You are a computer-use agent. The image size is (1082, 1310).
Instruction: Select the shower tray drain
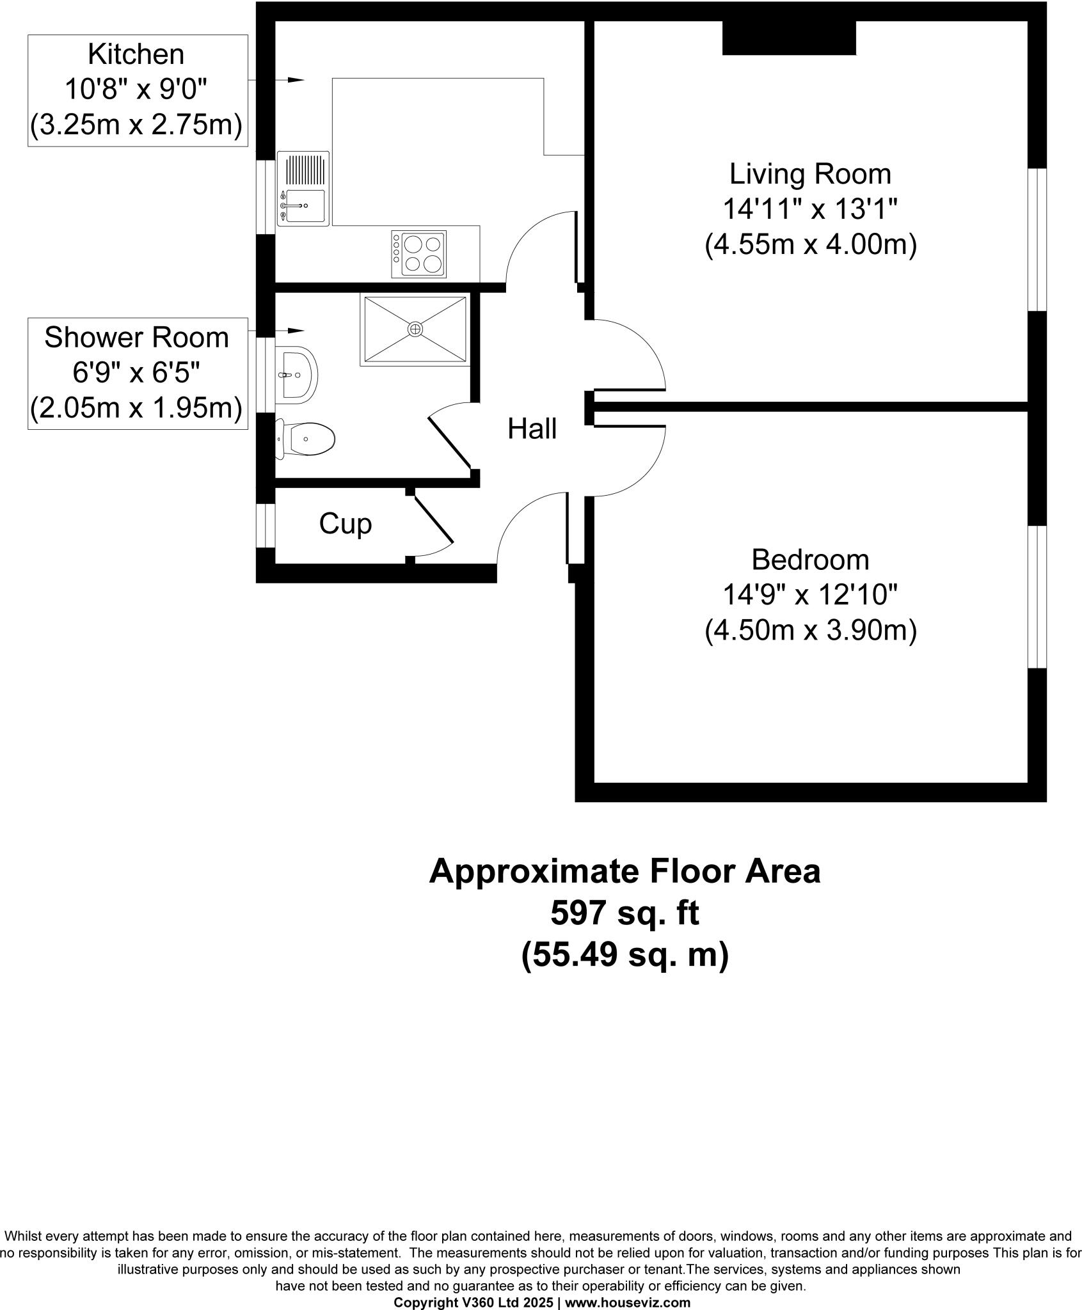click(x=415, y=329)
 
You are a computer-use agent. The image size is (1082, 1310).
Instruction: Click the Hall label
click(x=532, y=429)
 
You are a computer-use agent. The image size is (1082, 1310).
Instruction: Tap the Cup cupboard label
click(x=345, y=524)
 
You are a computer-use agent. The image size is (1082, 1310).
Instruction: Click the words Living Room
click(x=810, y=174)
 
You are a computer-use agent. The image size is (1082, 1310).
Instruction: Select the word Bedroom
click(x=810, y=560)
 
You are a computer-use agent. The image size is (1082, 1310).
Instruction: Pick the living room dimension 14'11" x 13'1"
click(x=810, y=209)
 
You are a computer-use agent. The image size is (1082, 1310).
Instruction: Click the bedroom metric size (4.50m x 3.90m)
click(x=810, y=631)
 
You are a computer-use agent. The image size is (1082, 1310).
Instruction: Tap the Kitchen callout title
click(x=136, y=54)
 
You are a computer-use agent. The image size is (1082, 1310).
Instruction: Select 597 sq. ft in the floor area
click(x=625, y=913)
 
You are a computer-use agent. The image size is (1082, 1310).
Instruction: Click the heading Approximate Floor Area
click(x=625, y=871)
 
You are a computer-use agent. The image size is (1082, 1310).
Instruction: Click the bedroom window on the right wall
click(x=1037, y=597)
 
